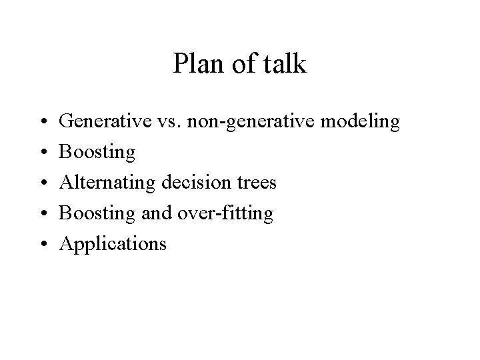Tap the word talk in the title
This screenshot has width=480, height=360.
click(x=287, y=65)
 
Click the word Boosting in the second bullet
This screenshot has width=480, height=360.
click(x=97, y=153)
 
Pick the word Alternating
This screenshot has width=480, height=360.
click(x=107, y=183)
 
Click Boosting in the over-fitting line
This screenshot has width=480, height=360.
click(x=97, y=214)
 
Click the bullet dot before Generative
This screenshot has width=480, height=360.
click(x=42, y=123)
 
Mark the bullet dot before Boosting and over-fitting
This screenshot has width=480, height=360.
click(x=42, y=214)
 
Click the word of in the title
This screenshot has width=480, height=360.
click(x=243, y=65)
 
